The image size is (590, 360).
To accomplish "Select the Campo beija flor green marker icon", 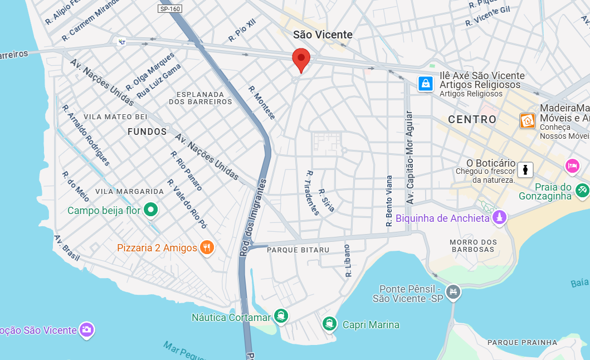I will pyautogui.click(x=150, y=210).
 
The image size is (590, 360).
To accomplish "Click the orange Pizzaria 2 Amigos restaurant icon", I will pyautogui.click(x=207, y=247).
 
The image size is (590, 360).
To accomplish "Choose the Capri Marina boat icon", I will pyautogui.click(x=329, y=324).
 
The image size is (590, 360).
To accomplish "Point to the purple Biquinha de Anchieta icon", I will pyautogui.click(x=500, y=217).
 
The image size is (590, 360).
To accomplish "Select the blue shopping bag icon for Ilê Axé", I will pyautogui.click(x=426, y=84).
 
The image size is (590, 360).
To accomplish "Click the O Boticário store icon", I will pyautogui.click(x=525, y=169).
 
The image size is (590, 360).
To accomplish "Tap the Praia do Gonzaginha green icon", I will pyautogui.click(x=582, y=189).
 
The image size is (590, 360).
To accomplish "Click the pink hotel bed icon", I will pyautogui.click(x=572, y=166).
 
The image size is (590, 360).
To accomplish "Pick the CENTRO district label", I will pyautogui.click(x=472, y=120).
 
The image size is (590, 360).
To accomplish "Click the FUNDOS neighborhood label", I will pyautogui.click(x=147, y=132).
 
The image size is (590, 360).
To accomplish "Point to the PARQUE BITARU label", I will pyautogui.click(x=298, y=250).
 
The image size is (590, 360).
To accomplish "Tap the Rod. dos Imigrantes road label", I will pyautogui.click(x=253, y=217).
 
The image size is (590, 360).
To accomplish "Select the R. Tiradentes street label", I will pyautogui.click(x=312, y=193).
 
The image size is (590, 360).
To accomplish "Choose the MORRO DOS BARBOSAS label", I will pyautogui.click(x=473, y=246).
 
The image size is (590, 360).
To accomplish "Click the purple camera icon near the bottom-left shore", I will pyautogui.click(x=86, y=330).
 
